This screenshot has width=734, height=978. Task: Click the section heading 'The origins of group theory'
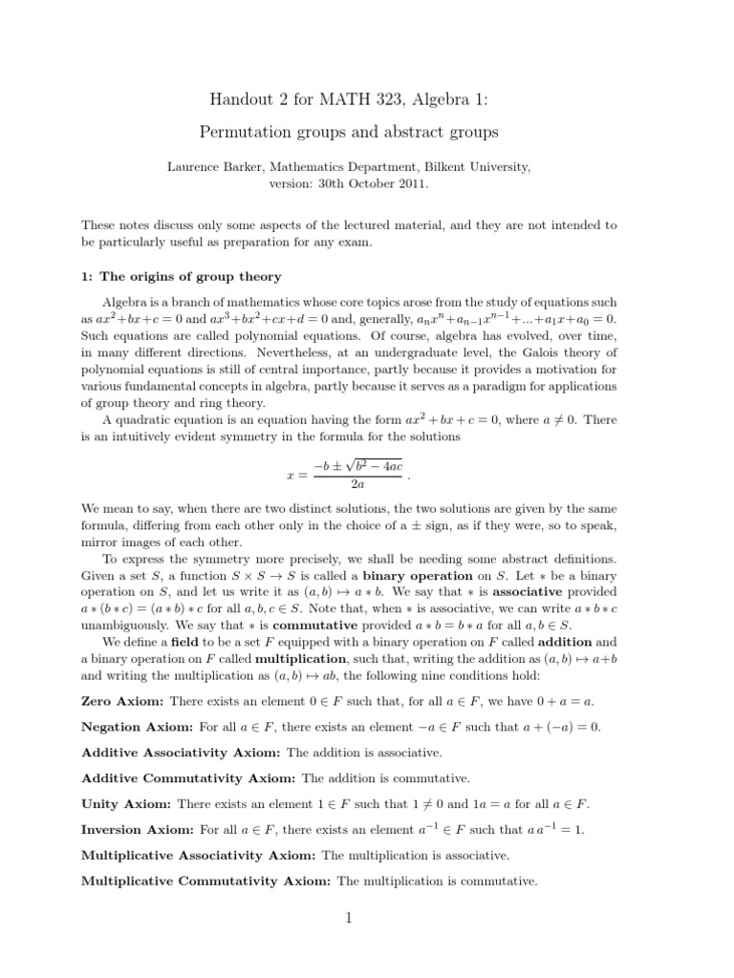(x=190, y=277)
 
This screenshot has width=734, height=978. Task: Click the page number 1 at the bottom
(x=350, y=919)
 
